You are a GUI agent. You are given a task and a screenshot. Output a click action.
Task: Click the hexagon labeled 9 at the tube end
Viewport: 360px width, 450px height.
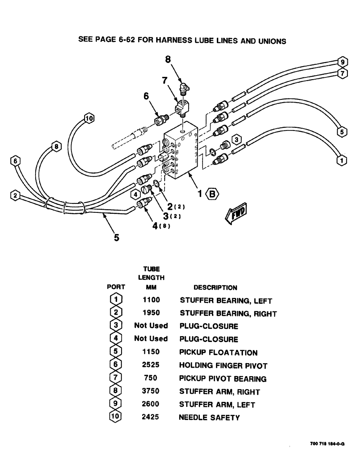pos(342,62)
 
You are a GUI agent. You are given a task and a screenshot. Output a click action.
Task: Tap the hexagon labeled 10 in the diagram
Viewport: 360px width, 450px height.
pos(88,119)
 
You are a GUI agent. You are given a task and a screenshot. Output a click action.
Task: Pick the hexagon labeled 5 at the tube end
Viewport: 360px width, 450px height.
pos(342,132)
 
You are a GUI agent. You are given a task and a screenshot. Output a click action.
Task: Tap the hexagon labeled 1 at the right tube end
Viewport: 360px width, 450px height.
pos(342,159)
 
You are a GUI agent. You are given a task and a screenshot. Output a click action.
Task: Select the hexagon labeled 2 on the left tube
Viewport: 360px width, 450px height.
pos(15,195)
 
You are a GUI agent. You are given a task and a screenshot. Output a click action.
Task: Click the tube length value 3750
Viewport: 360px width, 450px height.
pos(150,391)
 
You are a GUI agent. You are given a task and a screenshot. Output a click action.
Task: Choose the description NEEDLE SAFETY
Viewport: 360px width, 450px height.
pos(209,418)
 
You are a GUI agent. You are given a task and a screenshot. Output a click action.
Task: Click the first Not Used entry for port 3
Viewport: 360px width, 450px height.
pos(150,325)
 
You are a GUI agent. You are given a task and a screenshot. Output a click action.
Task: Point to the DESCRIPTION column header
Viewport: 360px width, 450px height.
pos(215,288)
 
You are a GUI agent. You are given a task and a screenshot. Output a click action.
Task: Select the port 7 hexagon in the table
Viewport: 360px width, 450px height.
pos(116,378)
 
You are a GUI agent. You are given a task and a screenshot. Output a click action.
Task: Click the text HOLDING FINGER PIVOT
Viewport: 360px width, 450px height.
pos(223,365)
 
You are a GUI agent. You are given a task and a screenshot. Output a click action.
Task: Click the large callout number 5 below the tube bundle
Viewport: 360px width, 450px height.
pos(116,238)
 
